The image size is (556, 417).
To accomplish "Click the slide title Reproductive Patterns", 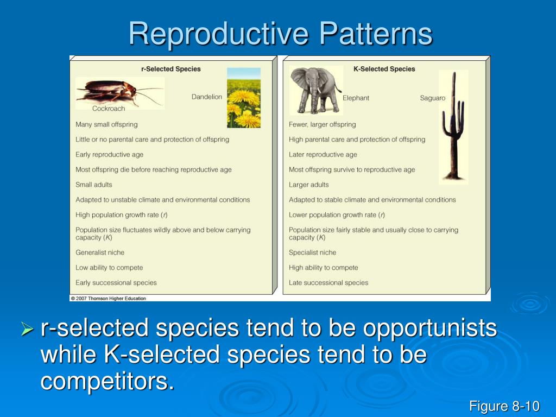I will click(281, 34).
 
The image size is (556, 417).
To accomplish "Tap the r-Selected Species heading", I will click(171, 69).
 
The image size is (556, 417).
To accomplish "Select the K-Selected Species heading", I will click(384, 69).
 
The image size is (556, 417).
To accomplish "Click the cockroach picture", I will click(118, 92).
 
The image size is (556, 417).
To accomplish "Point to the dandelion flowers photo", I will click(243, 98).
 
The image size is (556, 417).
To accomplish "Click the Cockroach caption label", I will click(109, 109).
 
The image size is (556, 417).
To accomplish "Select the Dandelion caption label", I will click(207, 97).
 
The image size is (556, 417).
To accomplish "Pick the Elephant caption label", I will click(356, 98).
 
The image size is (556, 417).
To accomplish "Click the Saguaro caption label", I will click(432, 98).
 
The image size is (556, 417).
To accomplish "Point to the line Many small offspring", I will click(106, 124).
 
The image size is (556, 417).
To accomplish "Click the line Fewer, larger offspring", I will click(323, 124).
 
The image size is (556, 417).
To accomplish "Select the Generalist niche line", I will click(100, 252).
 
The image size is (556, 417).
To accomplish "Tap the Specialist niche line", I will click(312, 252).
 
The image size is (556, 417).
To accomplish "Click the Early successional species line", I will click(116, 283).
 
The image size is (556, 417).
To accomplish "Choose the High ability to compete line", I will click(324, 268).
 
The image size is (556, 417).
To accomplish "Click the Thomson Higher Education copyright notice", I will click(109, 298).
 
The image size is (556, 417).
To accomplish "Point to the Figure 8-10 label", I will click(504, 406).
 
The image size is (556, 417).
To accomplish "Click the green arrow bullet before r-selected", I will click(27, 328).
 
